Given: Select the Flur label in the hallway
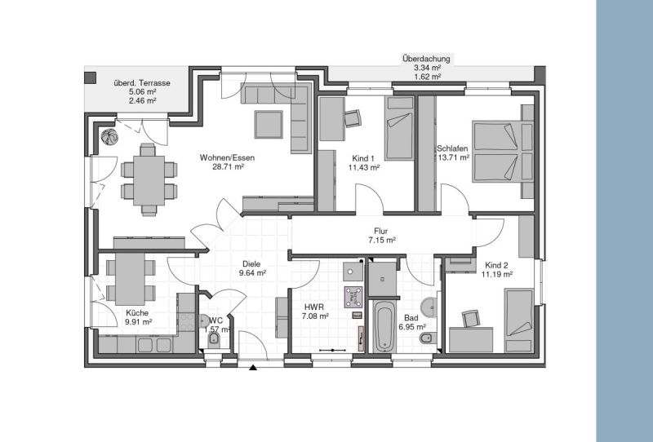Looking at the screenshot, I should (380, 231).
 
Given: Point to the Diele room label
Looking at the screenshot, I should (251, 263).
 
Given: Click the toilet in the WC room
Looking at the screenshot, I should (214, 338).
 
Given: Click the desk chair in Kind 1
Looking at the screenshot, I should (352, 119).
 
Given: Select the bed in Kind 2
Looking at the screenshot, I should (517, 322).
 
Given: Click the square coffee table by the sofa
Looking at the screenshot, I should (269, 124).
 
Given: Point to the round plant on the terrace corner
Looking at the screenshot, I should (109, 135).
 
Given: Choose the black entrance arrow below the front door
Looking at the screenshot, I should (254, 368).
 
